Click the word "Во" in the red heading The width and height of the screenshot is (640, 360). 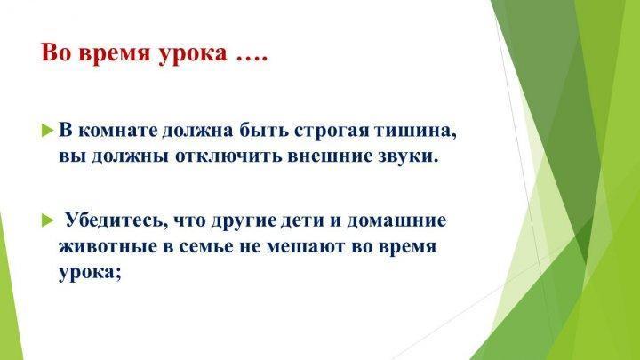55,52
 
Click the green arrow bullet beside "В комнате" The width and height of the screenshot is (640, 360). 48,131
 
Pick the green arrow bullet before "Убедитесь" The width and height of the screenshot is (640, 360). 48,220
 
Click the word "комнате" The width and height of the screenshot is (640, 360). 117,131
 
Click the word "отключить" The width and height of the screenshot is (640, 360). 229,156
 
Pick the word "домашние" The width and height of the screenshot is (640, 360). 396,221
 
